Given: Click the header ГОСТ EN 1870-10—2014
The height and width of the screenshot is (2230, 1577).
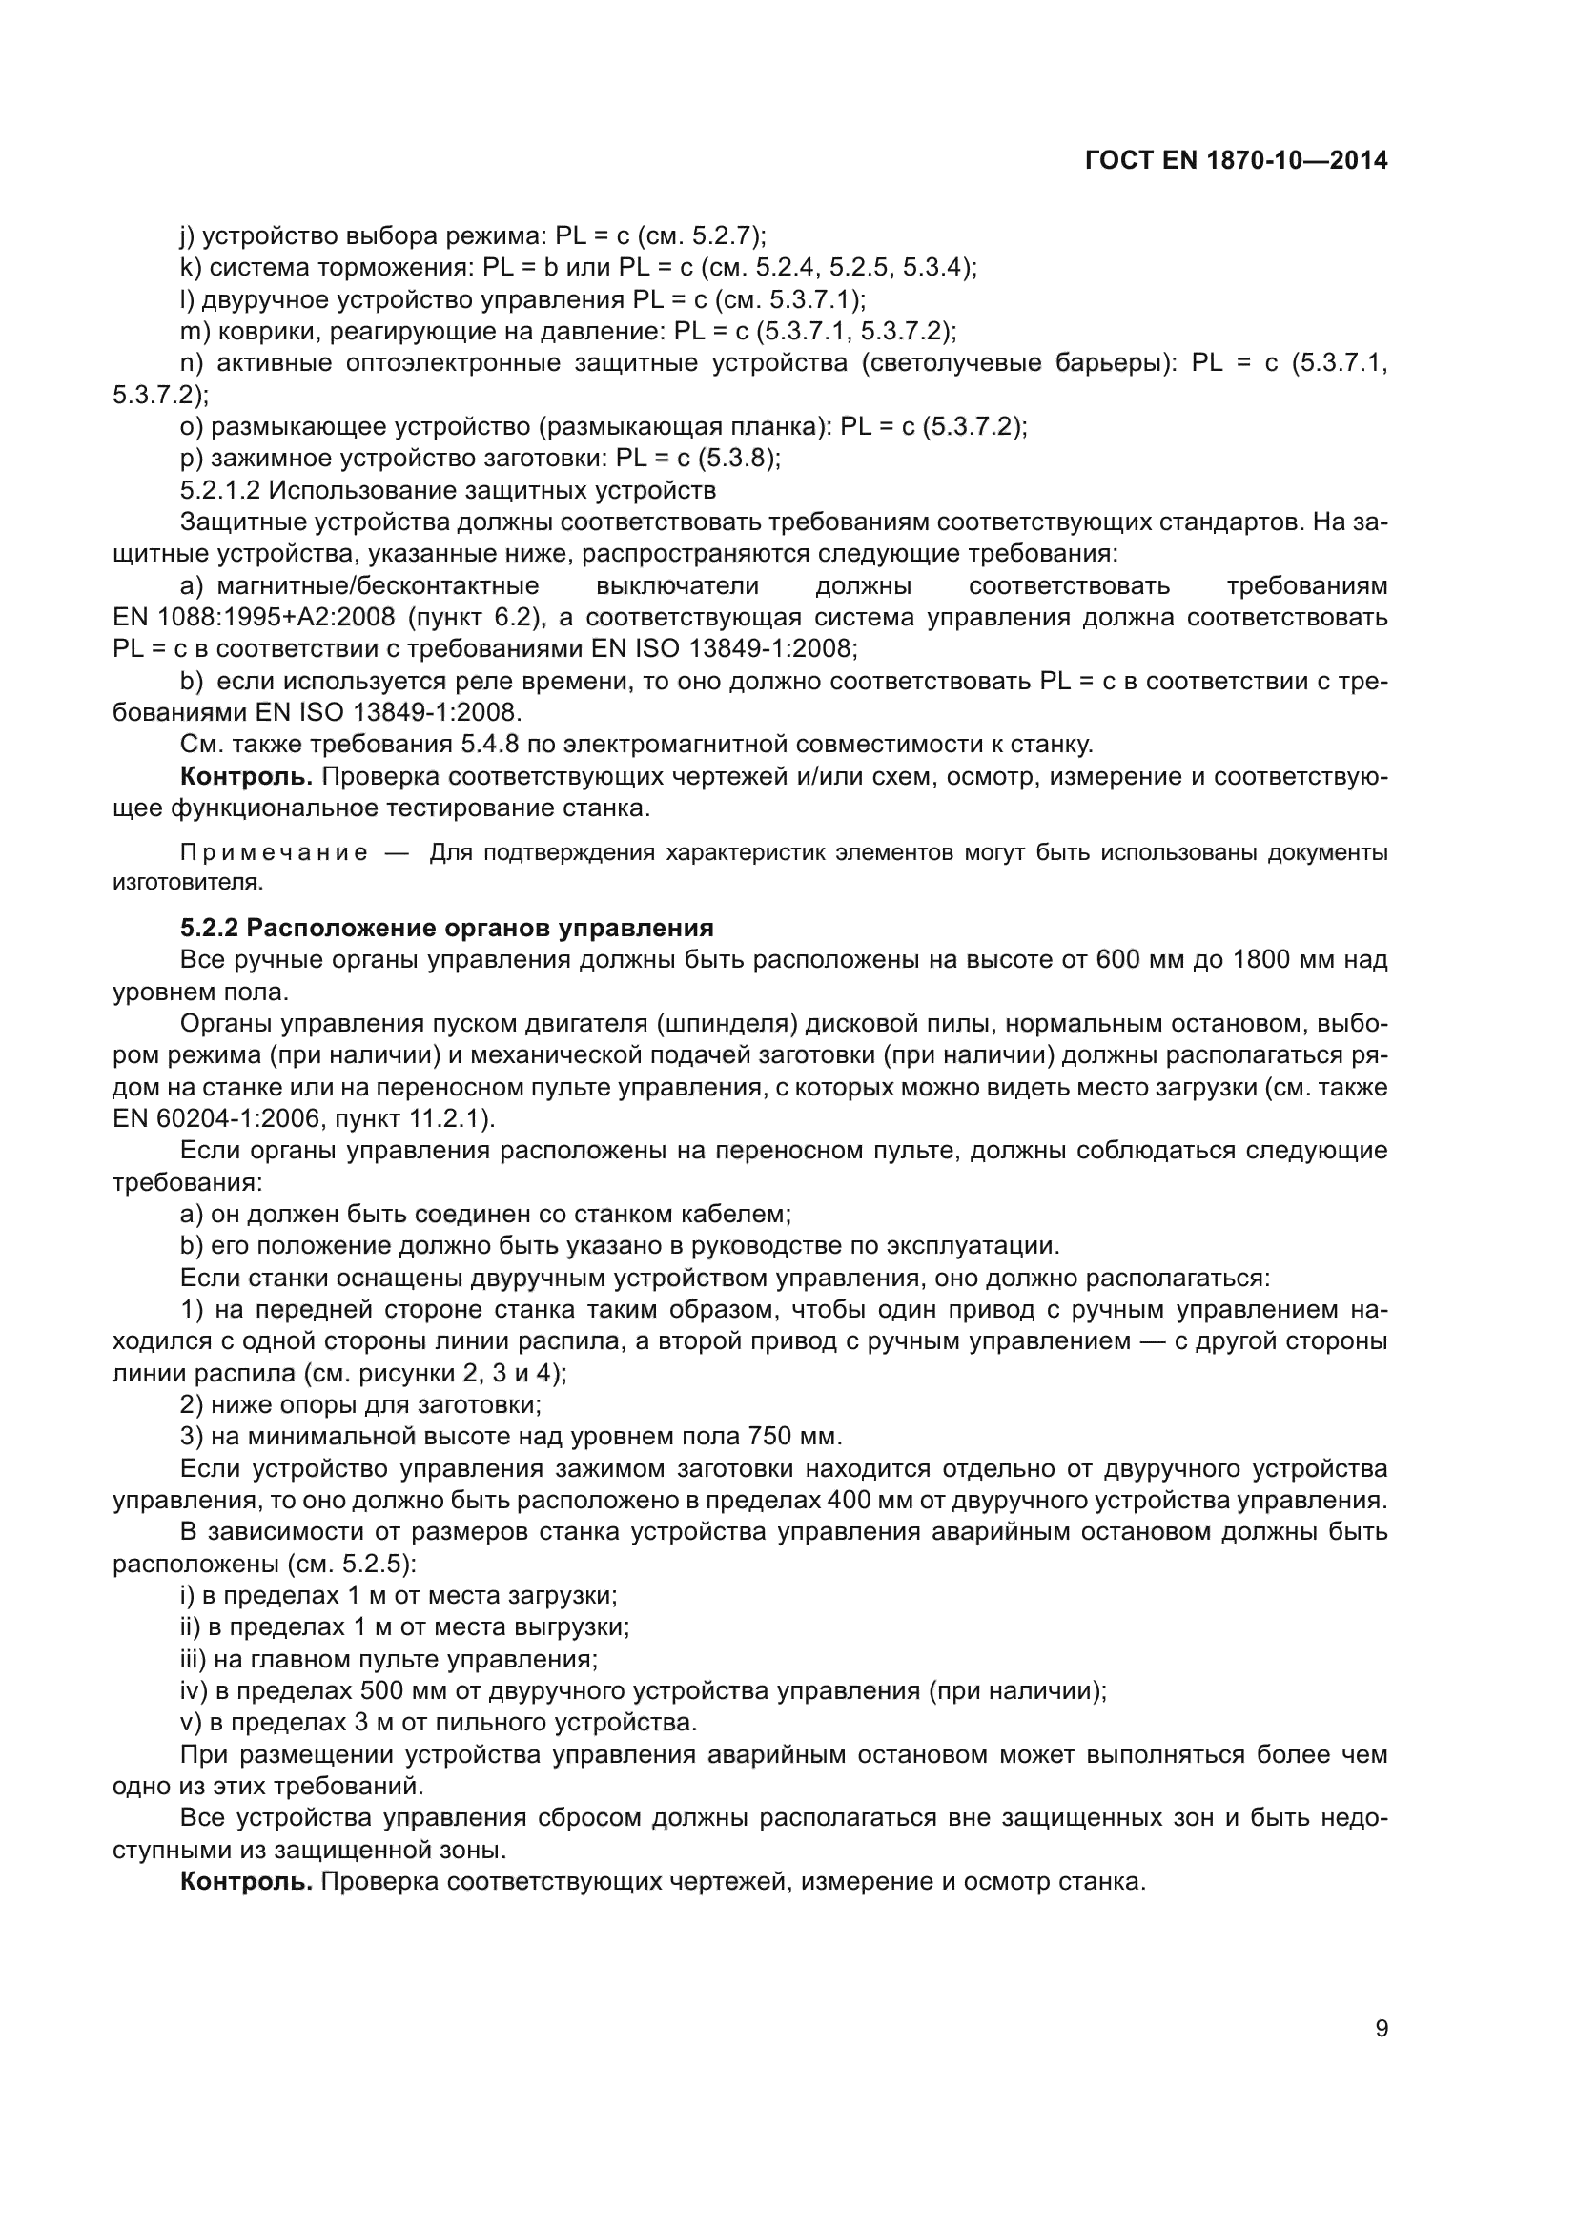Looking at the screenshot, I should pos(1235,161).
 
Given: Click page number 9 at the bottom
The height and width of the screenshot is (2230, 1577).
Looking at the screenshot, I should pos(1382,2029).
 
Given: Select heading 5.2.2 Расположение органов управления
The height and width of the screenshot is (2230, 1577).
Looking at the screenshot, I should pos(446,928).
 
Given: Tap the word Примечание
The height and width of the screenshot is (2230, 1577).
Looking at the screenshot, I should pos(275,852).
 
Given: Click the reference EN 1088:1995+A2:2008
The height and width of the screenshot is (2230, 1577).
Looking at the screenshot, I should pos(253,618).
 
